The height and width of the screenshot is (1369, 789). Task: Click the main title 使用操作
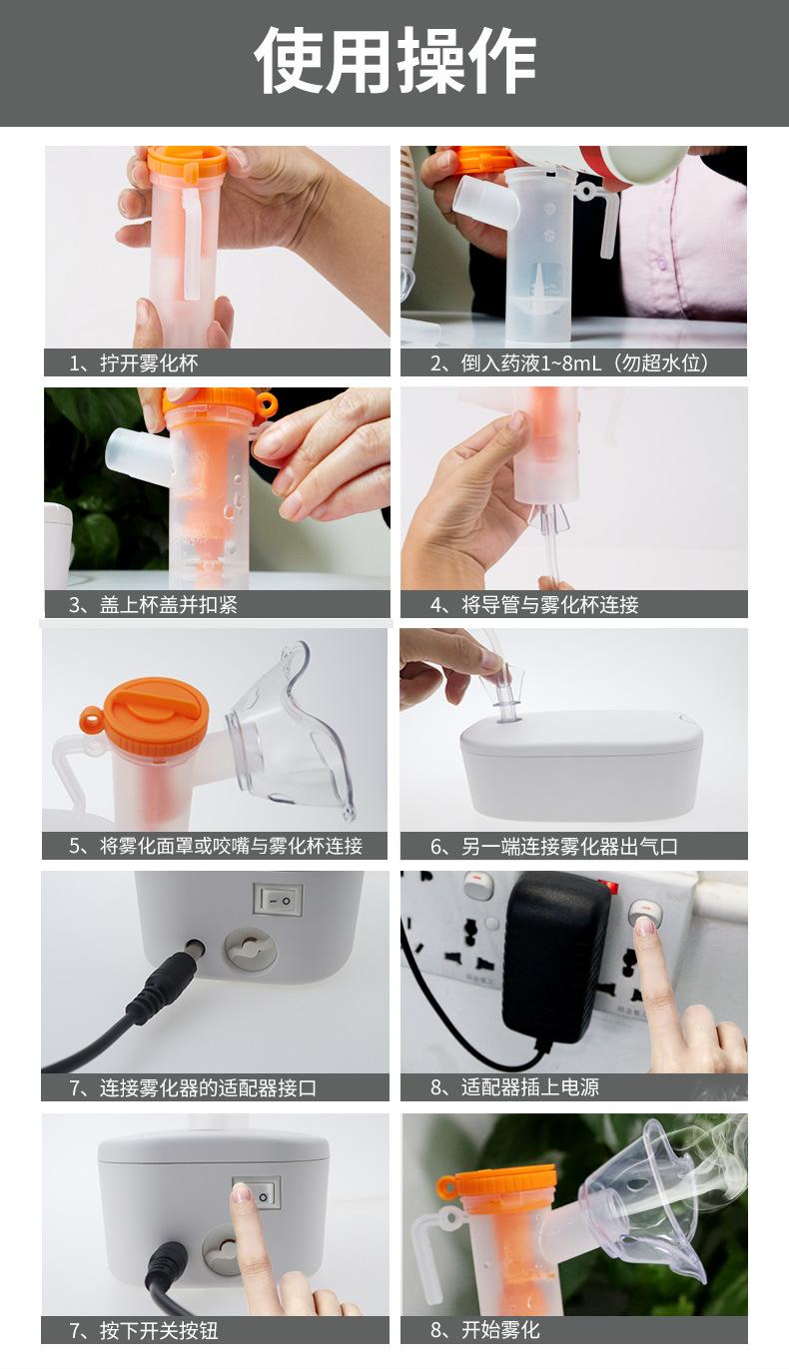394,61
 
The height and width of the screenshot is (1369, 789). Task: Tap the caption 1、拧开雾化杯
134,363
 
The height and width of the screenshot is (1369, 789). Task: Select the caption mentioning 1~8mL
570,363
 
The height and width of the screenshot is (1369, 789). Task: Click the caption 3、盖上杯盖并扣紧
154,604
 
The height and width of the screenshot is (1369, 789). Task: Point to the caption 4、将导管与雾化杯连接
534,604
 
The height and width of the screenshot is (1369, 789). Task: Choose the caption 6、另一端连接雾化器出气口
554,847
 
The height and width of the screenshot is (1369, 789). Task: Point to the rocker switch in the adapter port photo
278,899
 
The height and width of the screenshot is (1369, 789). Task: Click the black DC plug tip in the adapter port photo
195,949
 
